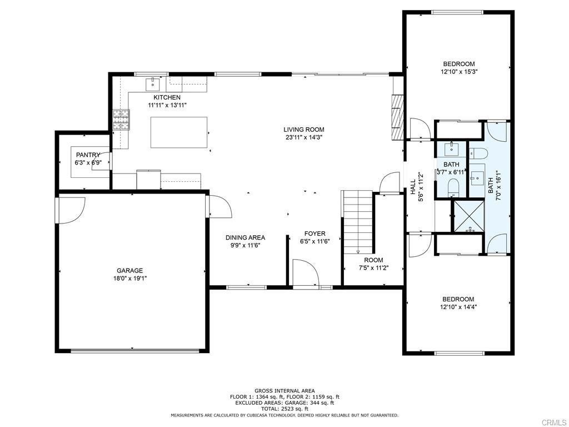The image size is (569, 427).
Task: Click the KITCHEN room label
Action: click(167, 97)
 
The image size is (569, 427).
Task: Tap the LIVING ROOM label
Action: click(304, 130)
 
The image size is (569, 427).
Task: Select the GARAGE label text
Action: click(129, 271)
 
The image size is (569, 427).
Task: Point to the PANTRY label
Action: click(88, 155)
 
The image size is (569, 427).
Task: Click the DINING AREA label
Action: click(245, 237)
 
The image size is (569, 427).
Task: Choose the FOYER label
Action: click(315, 234)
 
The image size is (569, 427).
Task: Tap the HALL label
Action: click(413, 187)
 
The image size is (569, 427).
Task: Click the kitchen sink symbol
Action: click(153, 85)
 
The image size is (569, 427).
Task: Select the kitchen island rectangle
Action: click(179, 132)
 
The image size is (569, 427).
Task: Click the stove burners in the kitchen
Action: click(121, 120)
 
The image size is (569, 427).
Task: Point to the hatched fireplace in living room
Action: click(397, 117)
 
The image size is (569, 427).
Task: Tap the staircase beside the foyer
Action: click(358, 222)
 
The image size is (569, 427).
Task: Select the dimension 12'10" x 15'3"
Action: click(458, 72)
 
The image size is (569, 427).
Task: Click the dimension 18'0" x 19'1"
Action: click(129, 279)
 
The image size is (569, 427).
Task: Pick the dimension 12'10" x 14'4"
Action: click(458, 307)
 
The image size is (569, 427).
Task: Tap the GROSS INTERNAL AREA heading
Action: click(284, 391)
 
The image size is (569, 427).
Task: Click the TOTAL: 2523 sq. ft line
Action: click(284, 409)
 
